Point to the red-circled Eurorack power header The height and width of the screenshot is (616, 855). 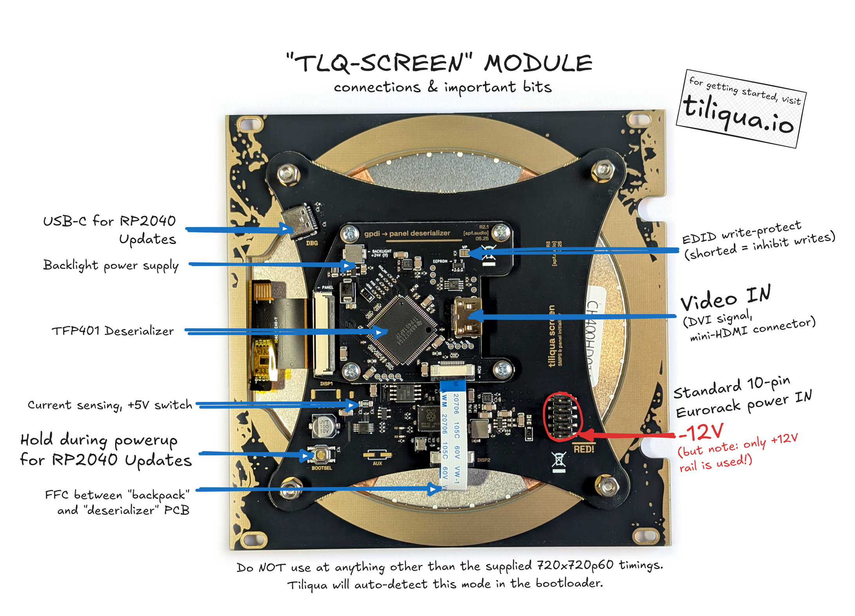[x=562, y=416]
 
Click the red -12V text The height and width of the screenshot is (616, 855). [x=701, y=432]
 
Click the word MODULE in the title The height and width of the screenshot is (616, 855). [x=538, y=63]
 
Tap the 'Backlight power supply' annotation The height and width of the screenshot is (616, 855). [x=111, y=266]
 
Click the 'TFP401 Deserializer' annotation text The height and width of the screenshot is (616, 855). [x=113, y=331]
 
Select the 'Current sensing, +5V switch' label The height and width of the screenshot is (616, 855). [x=110, y=405]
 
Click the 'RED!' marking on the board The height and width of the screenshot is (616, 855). [x=584, y=449]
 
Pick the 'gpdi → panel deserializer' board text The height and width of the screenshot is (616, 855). [x=407, y=233]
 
